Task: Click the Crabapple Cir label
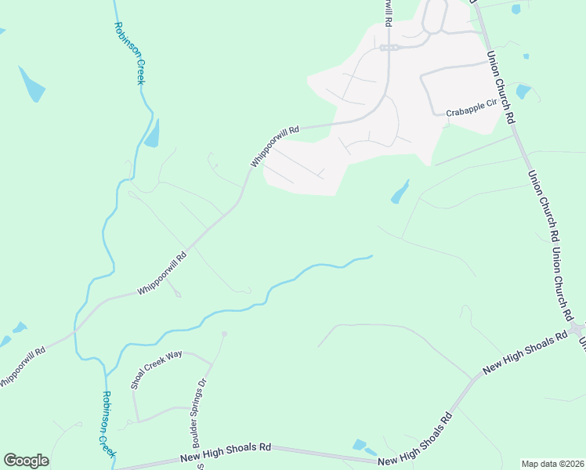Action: coord(472,112)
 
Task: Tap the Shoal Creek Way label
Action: coord(157,368)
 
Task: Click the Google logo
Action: coord(26,461)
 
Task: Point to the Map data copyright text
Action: coord(552,464)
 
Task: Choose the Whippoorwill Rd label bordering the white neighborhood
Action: coord(275,146)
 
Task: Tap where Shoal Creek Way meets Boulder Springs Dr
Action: coord(212,364)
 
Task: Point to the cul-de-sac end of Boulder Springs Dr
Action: coord(224,334)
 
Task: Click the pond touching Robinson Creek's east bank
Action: coord(152,135)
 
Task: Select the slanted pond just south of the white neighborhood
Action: coord(400,191)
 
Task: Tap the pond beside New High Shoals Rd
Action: coord(360,446)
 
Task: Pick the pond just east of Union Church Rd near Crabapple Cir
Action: coord(523,92)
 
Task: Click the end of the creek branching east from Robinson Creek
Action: coord(371,255)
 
